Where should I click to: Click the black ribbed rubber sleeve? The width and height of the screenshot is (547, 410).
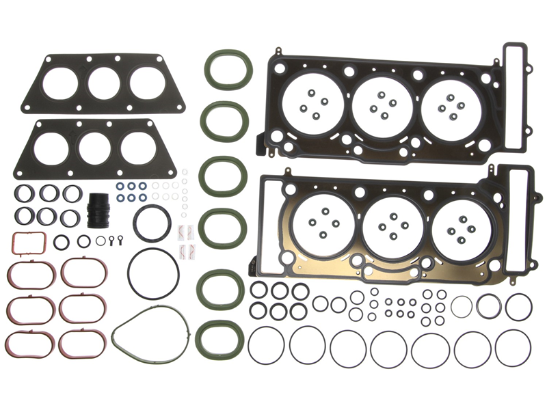[98, 211]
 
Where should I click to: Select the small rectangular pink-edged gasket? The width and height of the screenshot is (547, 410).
[29, 241]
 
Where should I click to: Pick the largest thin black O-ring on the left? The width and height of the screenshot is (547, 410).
[153, 273]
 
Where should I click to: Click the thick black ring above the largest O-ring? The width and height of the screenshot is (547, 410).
[152, 223]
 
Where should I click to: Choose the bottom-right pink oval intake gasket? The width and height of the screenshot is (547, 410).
[82, 344]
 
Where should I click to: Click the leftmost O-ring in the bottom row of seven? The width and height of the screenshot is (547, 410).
[266, 345]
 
